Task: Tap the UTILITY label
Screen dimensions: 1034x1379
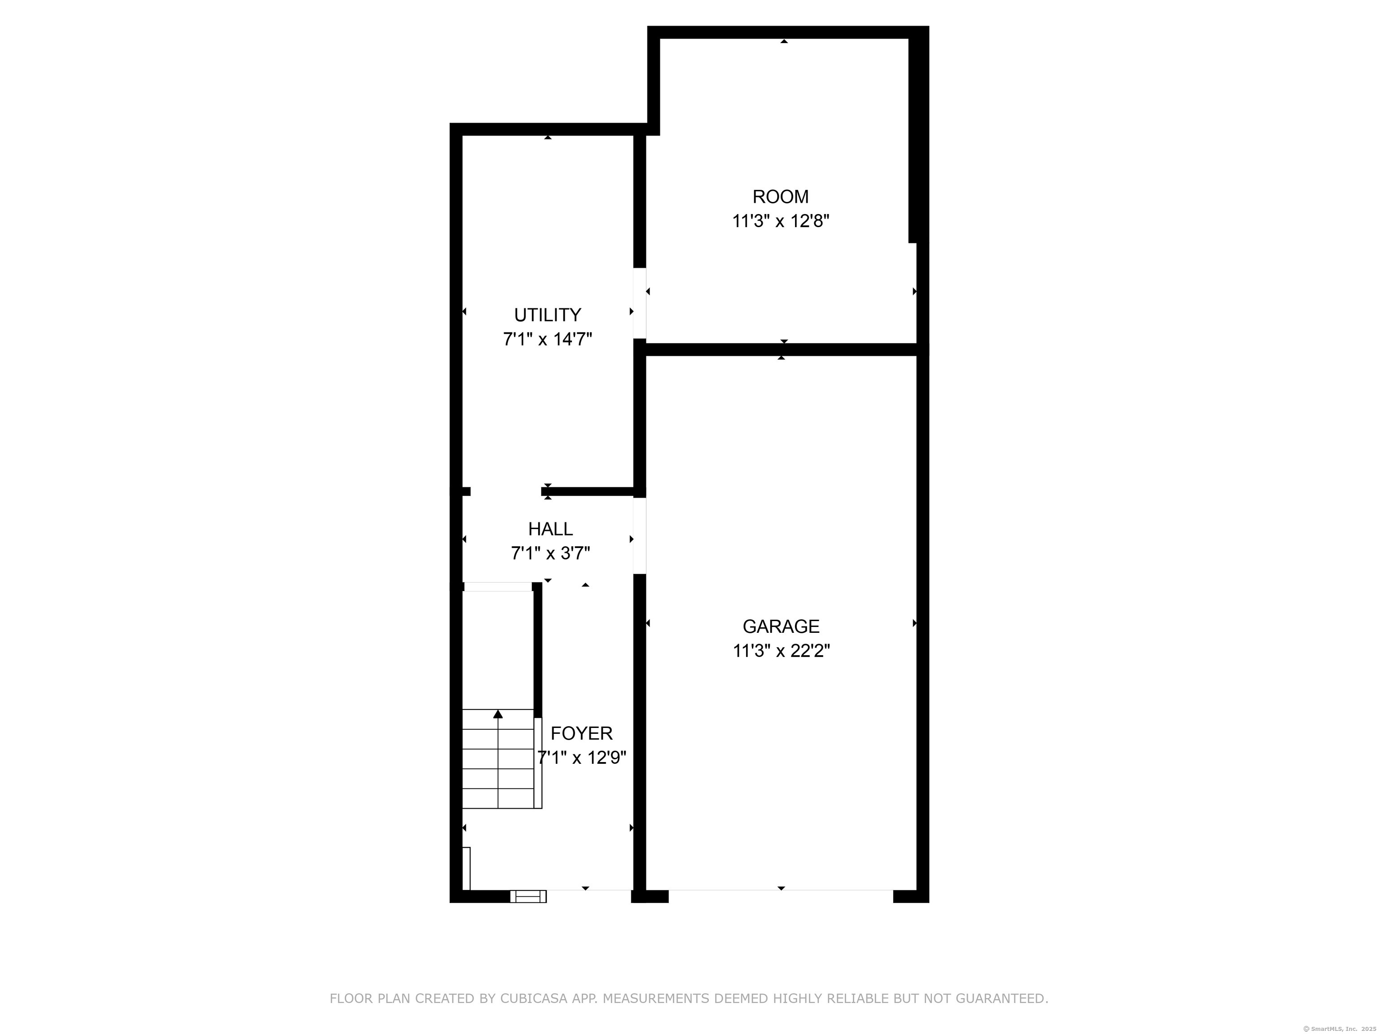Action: tap(547, 315)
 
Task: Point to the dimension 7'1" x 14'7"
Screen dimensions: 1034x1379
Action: tap(547, 340)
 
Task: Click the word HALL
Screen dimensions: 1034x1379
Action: tap(550, 529)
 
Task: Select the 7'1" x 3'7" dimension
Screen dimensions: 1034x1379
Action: tap(550, 553)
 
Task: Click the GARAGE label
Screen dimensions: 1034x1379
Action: tap(781, 627)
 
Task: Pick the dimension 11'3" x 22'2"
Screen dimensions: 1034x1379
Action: tap(781, 651)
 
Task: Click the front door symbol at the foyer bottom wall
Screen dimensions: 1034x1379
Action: tap(528, 896)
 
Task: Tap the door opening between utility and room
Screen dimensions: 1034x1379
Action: tap(640, 303)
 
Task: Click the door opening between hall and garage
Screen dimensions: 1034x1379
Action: tap(640, 535)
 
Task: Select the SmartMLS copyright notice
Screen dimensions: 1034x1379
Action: tap(1339, 1029)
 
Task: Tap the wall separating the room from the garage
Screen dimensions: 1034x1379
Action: tap(781, 350)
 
